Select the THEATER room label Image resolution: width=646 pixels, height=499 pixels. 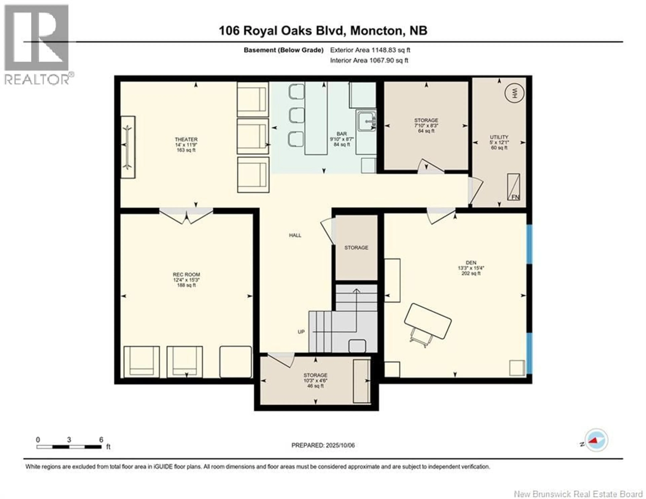pos(186,139)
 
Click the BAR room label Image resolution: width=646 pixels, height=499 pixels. pos(342,134)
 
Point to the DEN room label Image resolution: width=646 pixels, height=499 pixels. pos(471,262)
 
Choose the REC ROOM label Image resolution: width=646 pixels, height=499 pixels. pos(186,275)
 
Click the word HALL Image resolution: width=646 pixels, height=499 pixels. pos(295,235)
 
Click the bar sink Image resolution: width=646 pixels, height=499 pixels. pos(366,121)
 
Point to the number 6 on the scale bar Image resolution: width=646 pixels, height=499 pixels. pos(101,440)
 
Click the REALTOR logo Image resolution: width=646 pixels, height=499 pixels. pos(37,44)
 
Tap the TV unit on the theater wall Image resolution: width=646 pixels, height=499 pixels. pos(128,147)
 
